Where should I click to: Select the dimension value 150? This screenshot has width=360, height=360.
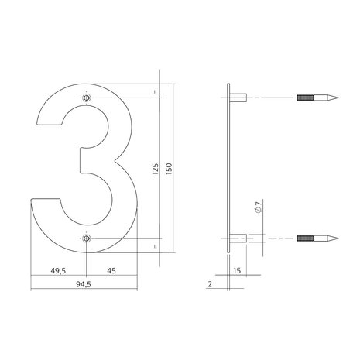coord(168,168)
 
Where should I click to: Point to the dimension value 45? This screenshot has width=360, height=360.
coord(111,271)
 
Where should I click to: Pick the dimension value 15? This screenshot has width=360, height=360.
coord(237,270)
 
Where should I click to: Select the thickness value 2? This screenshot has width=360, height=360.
coord(211,285)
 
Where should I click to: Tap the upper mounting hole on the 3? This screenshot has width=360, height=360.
coord(87,98)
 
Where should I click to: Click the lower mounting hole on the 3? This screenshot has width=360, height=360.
coord(87,238)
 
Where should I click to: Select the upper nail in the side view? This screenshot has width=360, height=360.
coord(315,98)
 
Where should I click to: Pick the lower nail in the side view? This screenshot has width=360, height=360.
coord(315,237)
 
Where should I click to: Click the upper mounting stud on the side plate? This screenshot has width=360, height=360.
coord(238,98)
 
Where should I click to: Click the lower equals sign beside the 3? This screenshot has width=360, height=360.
coord(156,246)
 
